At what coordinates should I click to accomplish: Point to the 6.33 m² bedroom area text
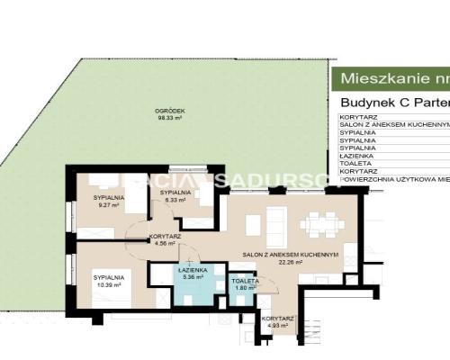(175, 201)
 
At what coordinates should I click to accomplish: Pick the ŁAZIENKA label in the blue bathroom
(193, 269)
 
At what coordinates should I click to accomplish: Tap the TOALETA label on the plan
(245, 281)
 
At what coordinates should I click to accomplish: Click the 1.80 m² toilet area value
(245, 288)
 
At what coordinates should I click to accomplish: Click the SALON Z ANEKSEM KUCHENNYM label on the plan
(294, 255)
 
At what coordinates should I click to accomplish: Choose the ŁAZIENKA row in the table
(359, 155)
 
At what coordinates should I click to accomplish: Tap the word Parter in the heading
(425, 102)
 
